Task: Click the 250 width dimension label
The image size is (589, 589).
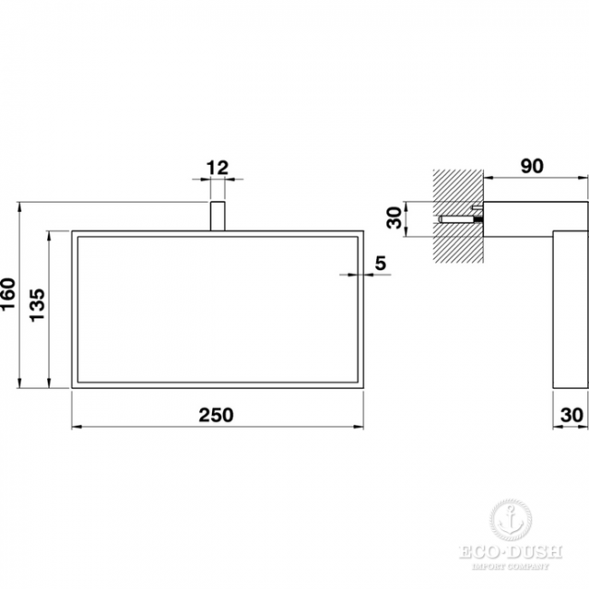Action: [x=216, y=415]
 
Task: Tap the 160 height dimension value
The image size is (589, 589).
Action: [x=8, y=294]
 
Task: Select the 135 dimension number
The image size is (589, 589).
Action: [x=37, y=305]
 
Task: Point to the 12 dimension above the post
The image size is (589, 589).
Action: [x=217, y=168]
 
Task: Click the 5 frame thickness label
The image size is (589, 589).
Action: [x=381, y=263]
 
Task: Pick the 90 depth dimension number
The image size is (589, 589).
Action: [x=532, y=167]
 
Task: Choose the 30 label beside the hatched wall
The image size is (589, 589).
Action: [x=394, y=218]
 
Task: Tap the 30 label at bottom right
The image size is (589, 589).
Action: [x=572, y=415]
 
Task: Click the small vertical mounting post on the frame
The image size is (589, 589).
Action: [x=217, y=216]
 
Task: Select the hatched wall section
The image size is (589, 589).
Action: [x=459, y=216]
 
